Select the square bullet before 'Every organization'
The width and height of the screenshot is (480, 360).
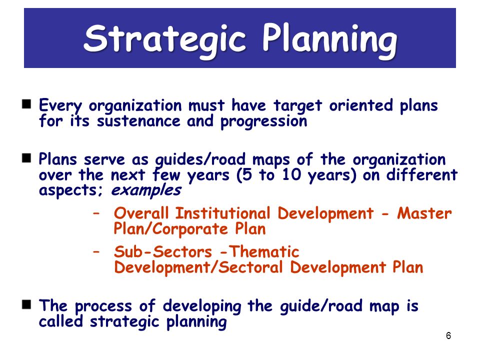(x=26, y=104)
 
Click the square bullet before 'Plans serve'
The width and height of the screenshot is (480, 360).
(x=26, y=158)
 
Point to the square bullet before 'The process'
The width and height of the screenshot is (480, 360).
(x=26, y=304)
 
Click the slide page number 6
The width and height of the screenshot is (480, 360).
(x=448, y=336)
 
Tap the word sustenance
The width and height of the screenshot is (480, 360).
(x=138, y=121)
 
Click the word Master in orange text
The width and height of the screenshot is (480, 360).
(x=424, y=213)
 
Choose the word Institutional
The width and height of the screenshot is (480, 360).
(x=223, y=213)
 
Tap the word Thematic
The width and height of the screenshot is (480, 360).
(x=264, y=252)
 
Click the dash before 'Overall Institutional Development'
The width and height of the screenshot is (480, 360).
(x=96, y=213)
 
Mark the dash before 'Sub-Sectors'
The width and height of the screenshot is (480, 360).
(x=96, y=252)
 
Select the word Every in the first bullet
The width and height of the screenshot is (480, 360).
(x=60, y=106)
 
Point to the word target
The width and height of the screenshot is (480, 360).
(x=298, y=106)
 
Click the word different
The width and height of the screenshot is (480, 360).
(x=422, y=175)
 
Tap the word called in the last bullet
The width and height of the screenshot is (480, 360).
(x=61, y=321)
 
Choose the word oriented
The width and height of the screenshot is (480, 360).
(x=361, y=105)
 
